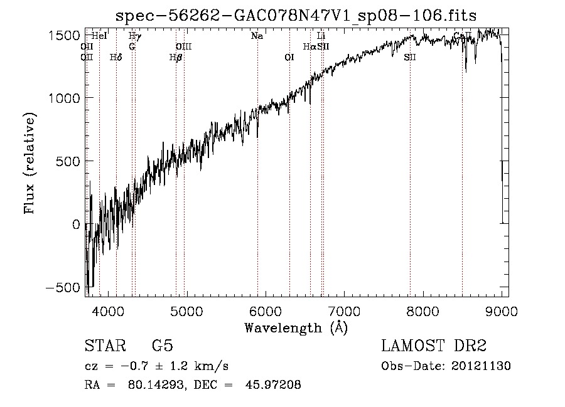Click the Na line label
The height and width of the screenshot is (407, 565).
point(257,36)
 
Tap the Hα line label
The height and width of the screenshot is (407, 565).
point(309,46)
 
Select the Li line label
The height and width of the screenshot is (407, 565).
point(321,36)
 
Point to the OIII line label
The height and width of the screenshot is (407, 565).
point(183,46)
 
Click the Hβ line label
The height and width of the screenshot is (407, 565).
point(176,57)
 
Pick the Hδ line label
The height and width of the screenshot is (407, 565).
point(116,57)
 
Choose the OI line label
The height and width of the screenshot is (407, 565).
point(289,57)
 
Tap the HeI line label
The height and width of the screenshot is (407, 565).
point(99,36)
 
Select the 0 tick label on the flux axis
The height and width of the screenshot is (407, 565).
point(75,224)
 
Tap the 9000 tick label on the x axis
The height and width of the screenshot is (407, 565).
point(501,310)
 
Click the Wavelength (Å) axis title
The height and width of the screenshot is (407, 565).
point(296,327)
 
